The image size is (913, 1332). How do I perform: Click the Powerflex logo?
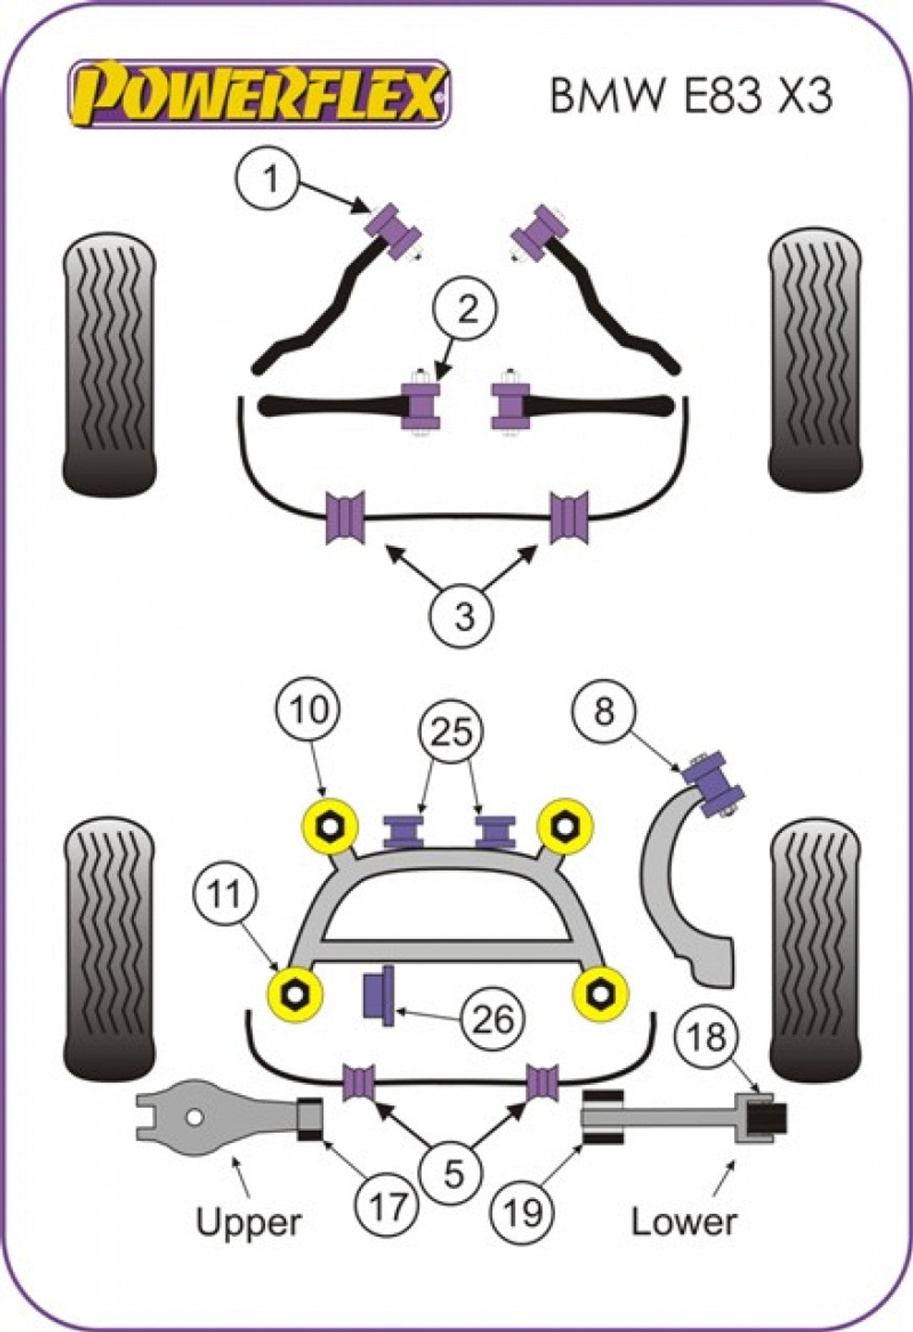click(x=259, y=94)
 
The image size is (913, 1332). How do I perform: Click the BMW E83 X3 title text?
click(x=690, y=95)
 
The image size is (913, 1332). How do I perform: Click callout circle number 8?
click(x=604, y=712)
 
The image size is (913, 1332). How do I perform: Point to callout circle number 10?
click(x=309, y=710)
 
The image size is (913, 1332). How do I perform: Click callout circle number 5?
click(x=453, y=1173)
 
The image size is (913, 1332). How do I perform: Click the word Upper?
click(x=247, y=1222)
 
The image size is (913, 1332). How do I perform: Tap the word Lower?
click(x=683, y=1222)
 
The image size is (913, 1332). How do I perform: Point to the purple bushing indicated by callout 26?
click(x=380, y=996)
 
